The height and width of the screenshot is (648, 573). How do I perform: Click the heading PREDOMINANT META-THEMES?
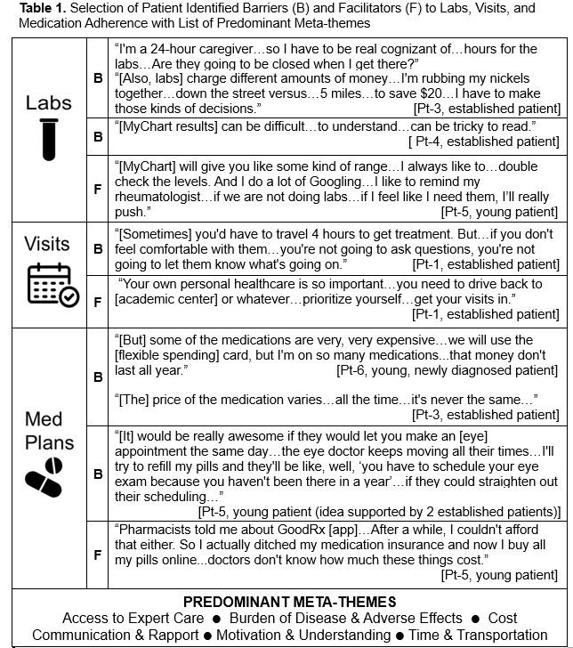[x=288, y=602]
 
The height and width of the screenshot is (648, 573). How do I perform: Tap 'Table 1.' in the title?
[x=36, y=8]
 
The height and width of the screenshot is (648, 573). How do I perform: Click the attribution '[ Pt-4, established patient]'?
[x=483, y=142]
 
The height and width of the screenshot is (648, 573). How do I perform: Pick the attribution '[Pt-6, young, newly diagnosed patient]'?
[x=448, y=369]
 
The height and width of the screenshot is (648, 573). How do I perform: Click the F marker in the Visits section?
[x=98, y=301]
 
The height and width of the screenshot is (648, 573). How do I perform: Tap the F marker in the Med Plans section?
[x=98, y=553]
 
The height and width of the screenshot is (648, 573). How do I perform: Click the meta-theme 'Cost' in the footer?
[x=502, y=618]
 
